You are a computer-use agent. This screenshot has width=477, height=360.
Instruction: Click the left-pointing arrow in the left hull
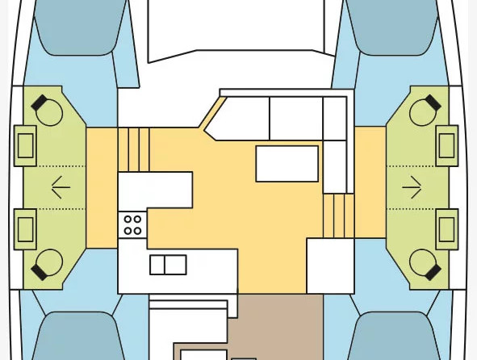tap(61, 187)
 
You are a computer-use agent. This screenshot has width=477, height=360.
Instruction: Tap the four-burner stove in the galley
tap(132, 224)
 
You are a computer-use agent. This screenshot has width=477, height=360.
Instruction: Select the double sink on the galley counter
tap(168, 265)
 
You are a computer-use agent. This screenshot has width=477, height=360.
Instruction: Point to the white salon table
tap(287, 163)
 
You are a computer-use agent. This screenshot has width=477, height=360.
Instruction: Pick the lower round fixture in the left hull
tap(48, 262)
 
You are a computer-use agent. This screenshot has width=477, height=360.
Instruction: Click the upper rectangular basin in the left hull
tap(26, 145)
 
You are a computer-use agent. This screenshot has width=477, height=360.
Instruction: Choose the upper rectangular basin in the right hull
tap(447, 145)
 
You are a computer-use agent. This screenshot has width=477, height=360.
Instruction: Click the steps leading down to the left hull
tap(134, 149)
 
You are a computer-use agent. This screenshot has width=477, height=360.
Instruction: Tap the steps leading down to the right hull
tap(338, 216)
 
